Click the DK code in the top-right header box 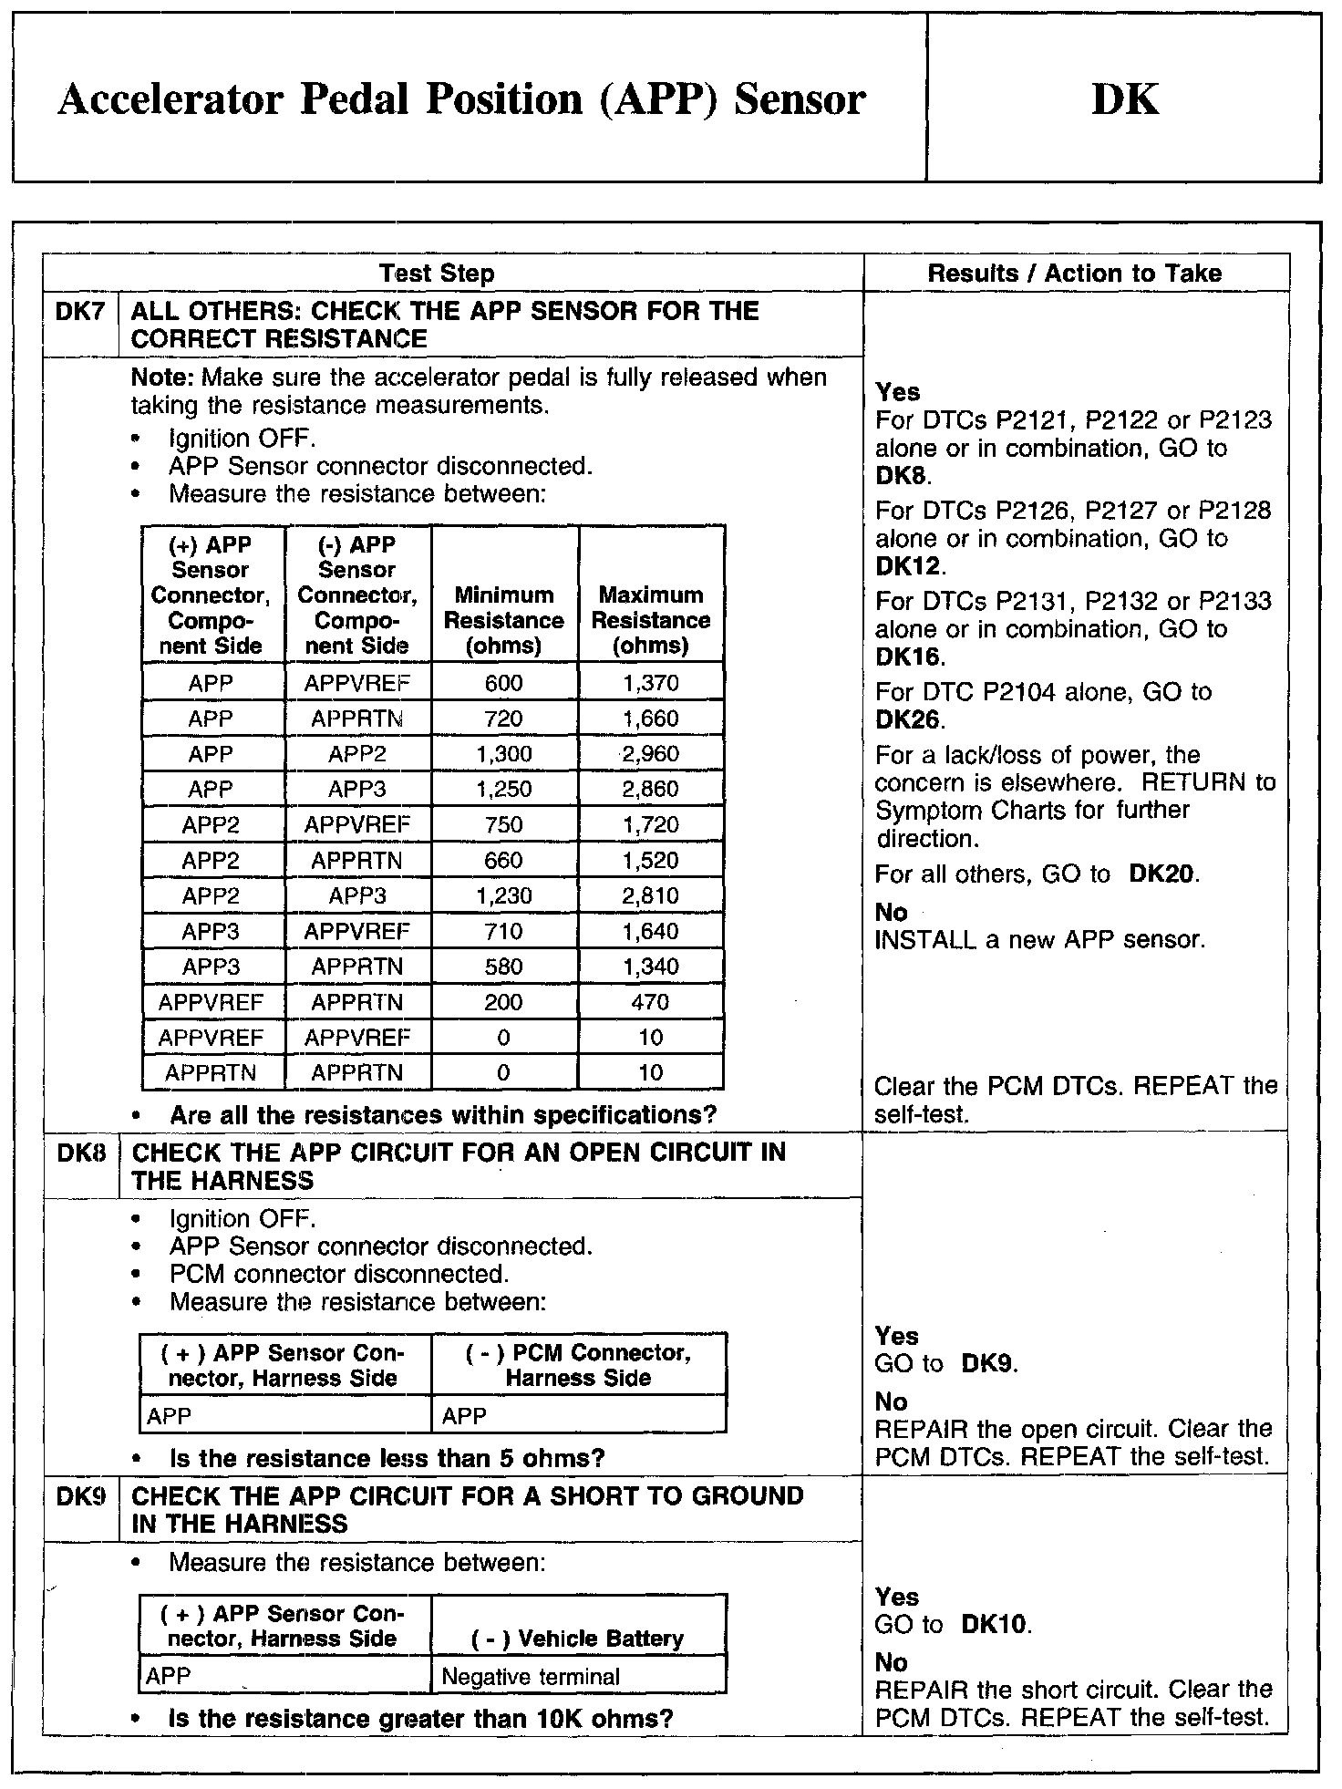click(x=1125, y=98)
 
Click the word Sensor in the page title click(x=800, y=98)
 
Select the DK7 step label click(x=80, y=312)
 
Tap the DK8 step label click(x=81, y=1153)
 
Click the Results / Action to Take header click(x=1075, y=274)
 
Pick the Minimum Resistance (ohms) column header click(x=504, y=620)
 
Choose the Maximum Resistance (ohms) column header click(x=650, y=620)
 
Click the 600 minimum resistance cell click(x=504, y=684)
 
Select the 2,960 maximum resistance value click(x=650, y=754)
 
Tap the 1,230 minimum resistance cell click(x=504, y=896)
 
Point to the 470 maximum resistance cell click(x=650, y=1002)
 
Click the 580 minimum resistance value click(x=504, y=967)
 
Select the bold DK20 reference click(x=1161, y=874)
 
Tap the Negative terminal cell click(x=531, y=1677)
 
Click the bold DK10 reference click(x=996, y=1625)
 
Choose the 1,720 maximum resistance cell click(x=650, y=825)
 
